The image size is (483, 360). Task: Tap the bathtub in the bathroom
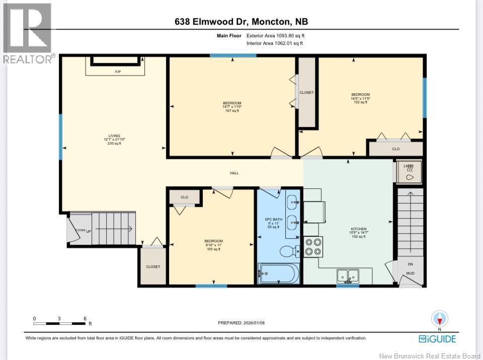(x=279, y=273)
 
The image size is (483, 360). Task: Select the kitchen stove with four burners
(x=314, y=246)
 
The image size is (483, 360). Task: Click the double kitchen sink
(x=348, y=275)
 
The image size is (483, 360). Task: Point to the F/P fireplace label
(x=118, y=72)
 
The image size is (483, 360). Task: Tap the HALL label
(x=234, y=173)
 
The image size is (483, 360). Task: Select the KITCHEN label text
(x=359, y=229)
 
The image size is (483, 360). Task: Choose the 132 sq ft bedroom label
(x=360, y=98)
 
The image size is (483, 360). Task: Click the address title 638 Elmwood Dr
(x=241, y=22)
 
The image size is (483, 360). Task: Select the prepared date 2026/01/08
(x=241, y=323)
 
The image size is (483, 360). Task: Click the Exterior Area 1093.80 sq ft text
(x=275, y=36)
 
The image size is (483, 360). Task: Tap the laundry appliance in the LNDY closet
(x=409, y=173)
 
